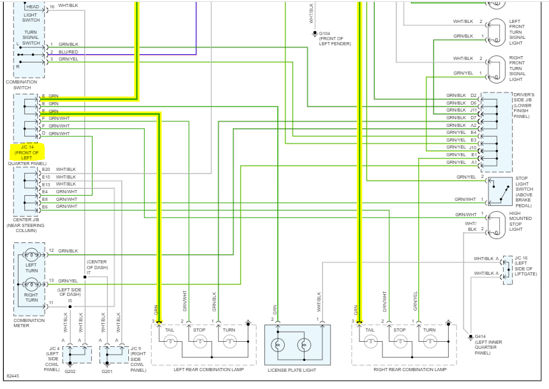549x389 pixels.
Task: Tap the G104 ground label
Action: point(325,33)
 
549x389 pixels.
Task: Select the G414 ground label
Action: point(481,337)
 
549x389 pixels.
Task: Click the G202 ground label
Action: point(70,371)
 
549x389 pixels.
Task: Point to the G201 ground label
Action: point(107,371)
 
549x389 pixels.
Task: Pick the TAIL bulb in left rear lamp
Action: point(170,342)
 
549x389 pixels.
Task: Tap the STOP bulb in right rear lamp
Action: point(400,342)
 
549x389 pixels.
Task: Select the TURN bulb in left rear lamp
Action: point(229,342)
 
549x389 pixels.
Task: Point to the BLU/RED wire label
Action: point(68,52)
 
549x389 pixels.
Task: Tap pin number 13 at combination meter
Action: point(51,281)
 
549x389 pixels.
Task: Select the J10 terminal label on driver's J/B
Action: point(472,147)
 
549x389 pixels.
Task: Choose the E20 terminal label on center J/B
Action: point(45,169)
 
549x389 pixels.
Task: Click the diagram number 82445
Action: point(13,376)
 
